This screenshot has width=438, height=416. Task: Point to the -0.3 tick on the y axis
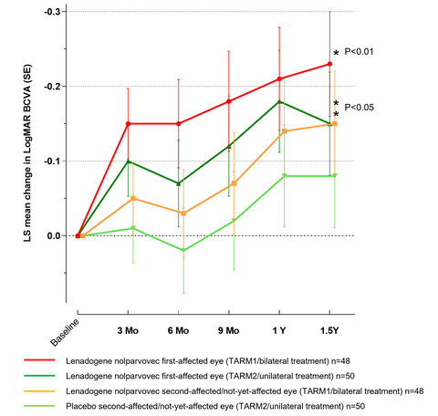(52, 12)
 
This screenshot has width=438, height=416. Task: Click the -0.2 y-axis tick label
(52, 87)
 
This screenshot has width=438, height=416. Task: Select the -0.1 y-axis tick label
(52, 161)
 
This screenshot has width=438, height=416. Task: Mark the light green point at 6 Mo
(179, 250)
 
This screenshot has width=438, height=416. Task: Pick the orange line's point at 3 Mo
(129, 198)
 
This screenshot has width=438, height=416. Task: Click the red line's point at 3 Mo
(129, 123)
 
